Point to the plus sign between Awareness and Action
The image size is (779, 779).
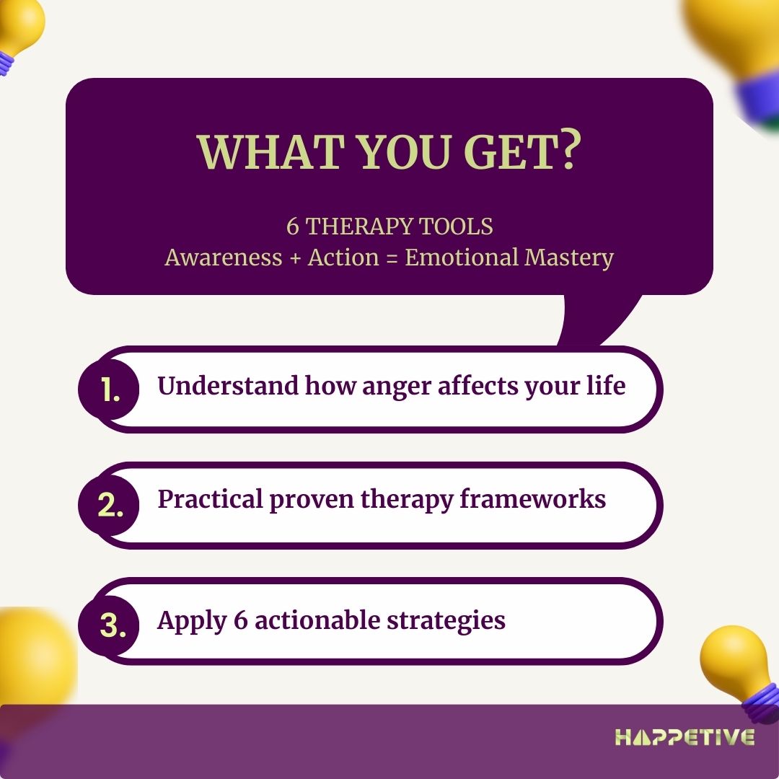(x=295, y=258)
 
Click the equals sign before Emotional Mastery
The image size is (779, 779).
(x=392, y=258)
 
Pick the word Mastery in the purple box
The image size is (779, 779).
(x=569, y=258)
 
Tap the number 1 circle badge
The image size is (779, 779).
(x=109, y=389)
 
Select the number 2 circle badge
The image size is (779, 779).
(x=109, y=505)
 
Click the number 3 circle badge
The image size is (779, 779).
(x=109, y=625)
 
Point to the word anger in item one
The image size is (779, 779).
(x=397, y=387)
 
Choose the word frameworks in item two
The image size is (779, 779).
(x=532, y=499)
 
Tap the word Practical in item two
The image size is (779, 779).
(x=210, y=499)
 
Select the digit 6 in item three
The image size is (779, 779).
(x=240, y=620)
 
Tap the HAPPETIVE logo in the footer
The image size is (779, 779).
(x=685, y=737)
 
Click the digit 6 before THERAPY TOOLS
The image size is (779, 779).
(x=293, y=227)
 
